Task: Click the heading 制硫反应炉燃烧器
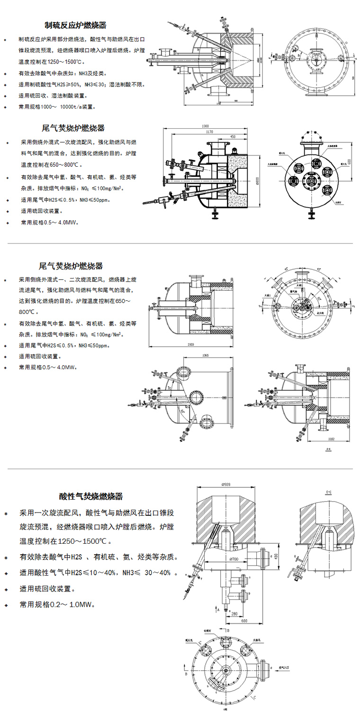tap(75, 25)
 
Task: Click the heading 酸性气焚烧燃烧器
tap(91, 496)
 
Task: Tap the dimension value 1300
tap(205, 126)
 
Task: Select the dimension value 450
tap(233, 137)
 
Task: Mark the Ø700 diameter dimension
tap(232, 559)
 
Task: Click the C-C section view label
tap(328, 494)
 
